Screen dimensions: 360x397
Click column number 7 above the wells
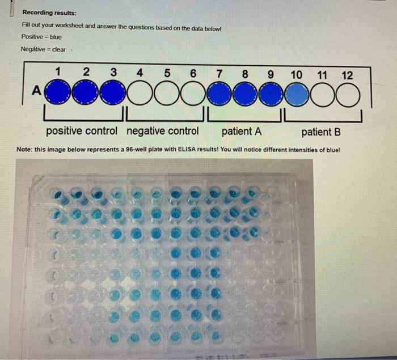tap(219, 74)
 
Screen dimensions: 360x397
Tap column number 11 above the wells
tap(322, 75)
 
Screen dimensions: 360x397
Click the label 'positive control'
tap(82, 132)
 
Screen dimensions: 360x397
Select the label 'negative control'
tap(163, 132)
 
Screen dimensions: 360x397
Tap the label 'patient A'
tap(242, 132)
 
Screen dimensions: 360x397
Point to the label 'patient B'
tap(321, 132)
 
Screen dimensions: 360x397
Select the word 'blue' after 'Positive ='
tap(56, 37)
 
